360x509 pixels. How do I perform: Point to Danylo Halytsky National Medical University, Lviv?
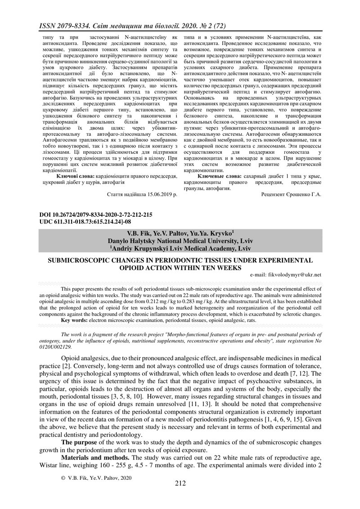(x=180, y=241)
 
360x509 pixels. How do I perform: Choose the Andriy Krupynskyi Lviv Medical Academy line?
(x=180, y=247)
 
